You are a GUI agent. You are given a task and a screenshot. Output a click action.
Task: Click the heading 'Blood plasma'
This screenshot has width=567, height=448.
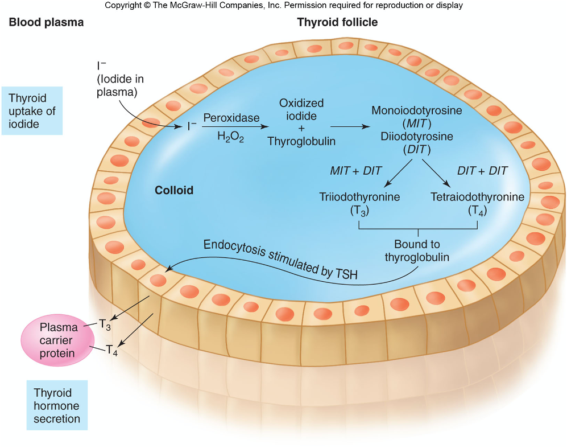click(x=45, y=23)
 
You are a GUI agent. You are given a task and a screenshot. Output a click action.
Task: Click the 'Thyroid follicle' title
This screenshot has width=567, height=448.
click(x=337, y=22)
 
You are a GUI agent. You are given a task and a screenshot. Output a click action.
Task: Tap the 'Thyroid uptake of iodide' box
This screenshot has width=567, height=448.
click(x=32, y=111)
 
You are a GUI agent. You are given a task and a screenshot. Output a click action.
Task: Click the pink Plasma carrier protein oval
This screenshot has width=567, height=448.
click(x=57, y=340)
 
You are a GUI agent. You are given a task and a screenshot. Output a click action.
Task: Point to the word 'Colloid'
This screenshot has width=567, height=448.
click(x=174, y=190)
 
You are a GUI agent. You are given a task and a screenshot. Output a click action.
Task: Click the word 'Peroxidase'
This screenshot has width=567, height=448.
click(x=231, y=118)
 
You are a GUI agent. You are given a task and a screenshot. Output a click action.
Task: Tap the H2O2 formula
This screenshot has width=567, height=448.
click(x=230, y=137)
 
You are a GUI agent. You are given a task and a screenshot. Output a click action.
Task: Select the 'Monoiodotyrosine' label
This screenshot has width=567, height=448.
click(x=416, y=110)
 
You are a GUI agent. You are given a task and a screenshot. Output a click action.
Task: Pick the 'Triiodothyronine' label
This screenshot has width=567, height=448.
click(x=359, y=197)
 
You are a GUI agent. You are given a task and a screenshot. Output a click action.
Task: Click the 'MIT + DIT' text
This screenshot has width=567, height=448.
click(x=356, y=171)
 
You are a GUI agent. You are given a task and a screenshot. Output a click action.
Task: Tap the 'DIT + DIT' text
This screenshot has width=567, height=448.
click(x=482, y=171)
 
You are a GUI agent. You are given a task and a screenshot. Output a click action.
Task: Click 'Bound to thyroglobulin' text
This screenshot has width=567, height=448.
click(x=417, y=250)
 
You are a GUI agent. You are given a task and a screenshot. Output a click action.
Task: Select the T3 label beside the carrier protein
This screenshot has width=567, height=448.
click(x=105, y=324)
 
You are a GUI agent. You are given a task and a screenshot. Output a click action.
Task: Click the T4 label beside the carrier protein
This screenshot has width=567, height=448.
click(x=112, y=350)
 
